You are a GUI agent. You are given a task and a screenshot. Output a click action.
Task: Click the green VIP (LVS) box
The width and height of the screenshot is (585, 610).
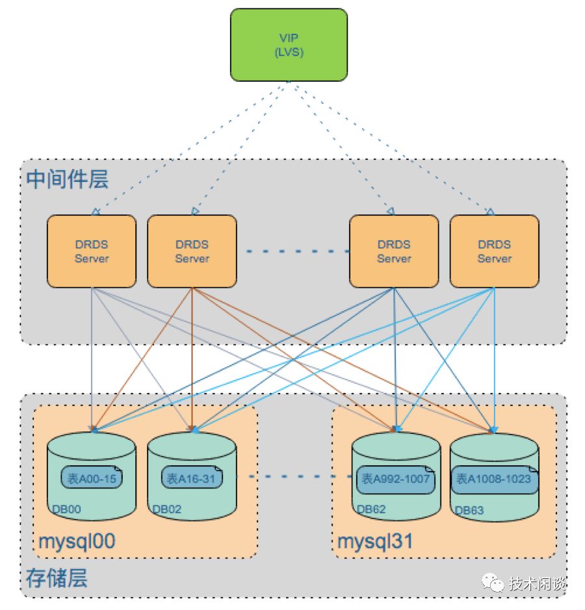[x=289, y=44]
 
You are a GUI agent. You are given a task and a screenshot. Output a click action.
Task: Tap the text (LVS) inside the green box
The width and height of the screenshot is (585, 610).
[x=289, y=52]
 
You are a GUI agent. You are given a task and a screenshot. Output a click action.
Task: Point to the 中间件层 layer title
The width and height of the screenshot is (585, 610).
[x=68, y=180]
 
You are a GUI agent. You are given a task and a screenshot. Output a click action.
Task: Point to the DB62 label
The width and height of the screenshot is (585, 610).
[x=370, y=509]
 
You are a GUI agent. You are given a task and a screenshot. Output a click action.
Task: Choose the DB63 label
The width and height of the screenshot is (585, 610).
[x=469, y=510]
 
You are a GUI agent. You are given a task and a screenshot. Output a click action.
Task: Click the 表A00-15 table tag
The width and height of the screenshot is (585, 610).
[x=92, y=479]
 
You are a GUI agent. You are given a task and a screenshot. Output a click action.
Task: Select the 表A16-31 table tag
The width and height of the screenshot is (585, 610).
[x=192, y=479]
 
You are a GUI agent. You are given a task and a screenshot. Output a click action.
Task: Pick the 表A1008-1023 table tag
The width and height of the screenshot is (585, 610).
[x=494, y=479]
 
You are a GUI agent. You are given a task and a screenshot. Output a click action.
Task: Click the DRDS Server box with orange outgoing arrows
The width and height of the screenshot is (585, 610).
[x=192, y=251]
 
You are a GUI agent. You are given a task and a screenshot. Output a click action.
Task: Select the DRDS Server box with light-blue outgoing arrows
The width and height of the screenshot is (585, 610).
[x=494, y=251]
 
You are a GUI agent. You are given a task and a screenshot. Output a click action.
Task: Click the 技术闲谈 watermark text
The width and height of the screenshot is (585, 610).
[x=538, y=583]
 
